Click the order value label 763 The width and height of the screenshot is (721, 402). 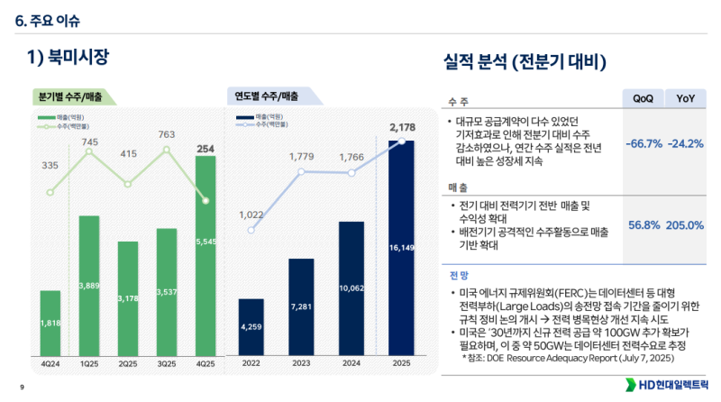pyautogui.click(x=167, y=135)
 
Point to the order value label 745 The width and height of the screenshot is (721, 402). pyautogui.click(x=89, y=142)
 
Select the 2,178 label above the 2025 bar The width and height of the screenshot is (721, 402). pyautogui.click(x=402, y=127)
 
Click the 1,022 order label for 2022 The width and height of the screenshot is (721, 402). pyautogui.click(x=251, y=215)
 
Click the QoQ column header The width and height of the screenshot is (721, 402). pyautogui.click(x=643, y=97)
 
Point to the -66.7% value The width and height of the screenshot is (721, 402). pyautogui.click(x=643, y=143)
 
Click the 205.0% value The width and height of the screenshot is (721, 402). pyautogui.click(x=685, y=225)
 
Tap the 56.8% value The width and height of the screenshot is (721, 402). pyautogui.click(x=644, y=225)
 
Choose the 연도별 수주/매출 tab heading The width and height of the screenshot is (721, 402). pyautogui.click(x=267, y=96)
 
